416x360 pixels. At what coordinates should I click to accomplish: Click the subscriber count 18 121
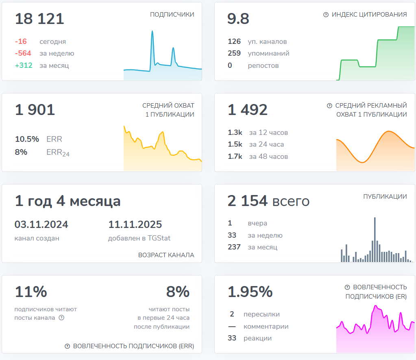point(39,19)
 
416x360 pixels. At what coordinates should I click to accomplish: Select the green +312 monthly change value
point(24,65)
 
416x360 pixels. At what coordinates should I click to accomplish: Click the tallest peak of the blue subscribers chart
point(152,32)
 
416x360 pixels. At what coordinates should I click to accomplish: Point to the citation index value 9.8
point(238,19)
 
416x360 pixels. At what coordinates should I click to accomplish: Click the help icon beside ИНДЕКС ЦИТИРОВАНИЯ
point(326,15)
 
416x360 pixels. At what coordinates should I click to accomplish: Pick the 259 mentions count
point(234,53)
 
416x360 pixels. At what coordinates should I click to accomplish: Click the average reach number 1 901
point(35,110)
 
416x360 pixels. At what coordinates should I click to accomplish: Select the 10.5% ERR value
point(27,139)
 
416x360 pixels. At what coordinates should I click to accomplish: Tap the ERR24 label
point(58,152)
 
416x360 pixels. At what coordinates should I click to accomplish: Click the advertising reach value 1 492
point(248,110)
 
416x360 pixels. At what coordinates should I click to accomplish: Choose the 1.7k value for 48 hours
point(235,156)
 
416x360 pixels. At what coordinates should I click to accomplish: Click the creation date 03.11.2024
point(41,224)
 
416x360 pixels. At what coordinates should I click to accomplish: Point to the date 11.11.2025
point(135,224)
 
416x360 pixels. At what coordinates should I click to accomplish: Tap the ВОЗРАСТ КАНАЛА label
point(166,255)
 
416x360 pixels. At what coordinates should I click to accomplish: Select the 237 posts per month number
point(234,247)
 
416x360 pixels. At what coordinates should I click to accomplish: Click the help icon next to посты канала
point(61,318)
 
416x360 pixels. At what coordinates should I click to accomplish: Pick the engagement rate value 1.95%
point(250,292)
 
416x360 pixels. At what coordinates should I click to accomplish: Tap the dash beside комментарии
point(232,326)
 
